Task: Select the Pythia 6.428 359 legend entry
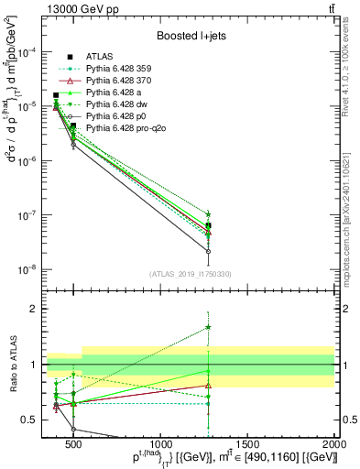click(114, 69)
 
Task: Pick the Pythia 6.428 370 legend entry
click(114, 81)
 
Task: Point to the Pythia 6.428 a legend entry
click(108, 93)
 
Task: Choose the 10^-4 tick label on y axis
click(29, 52)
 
